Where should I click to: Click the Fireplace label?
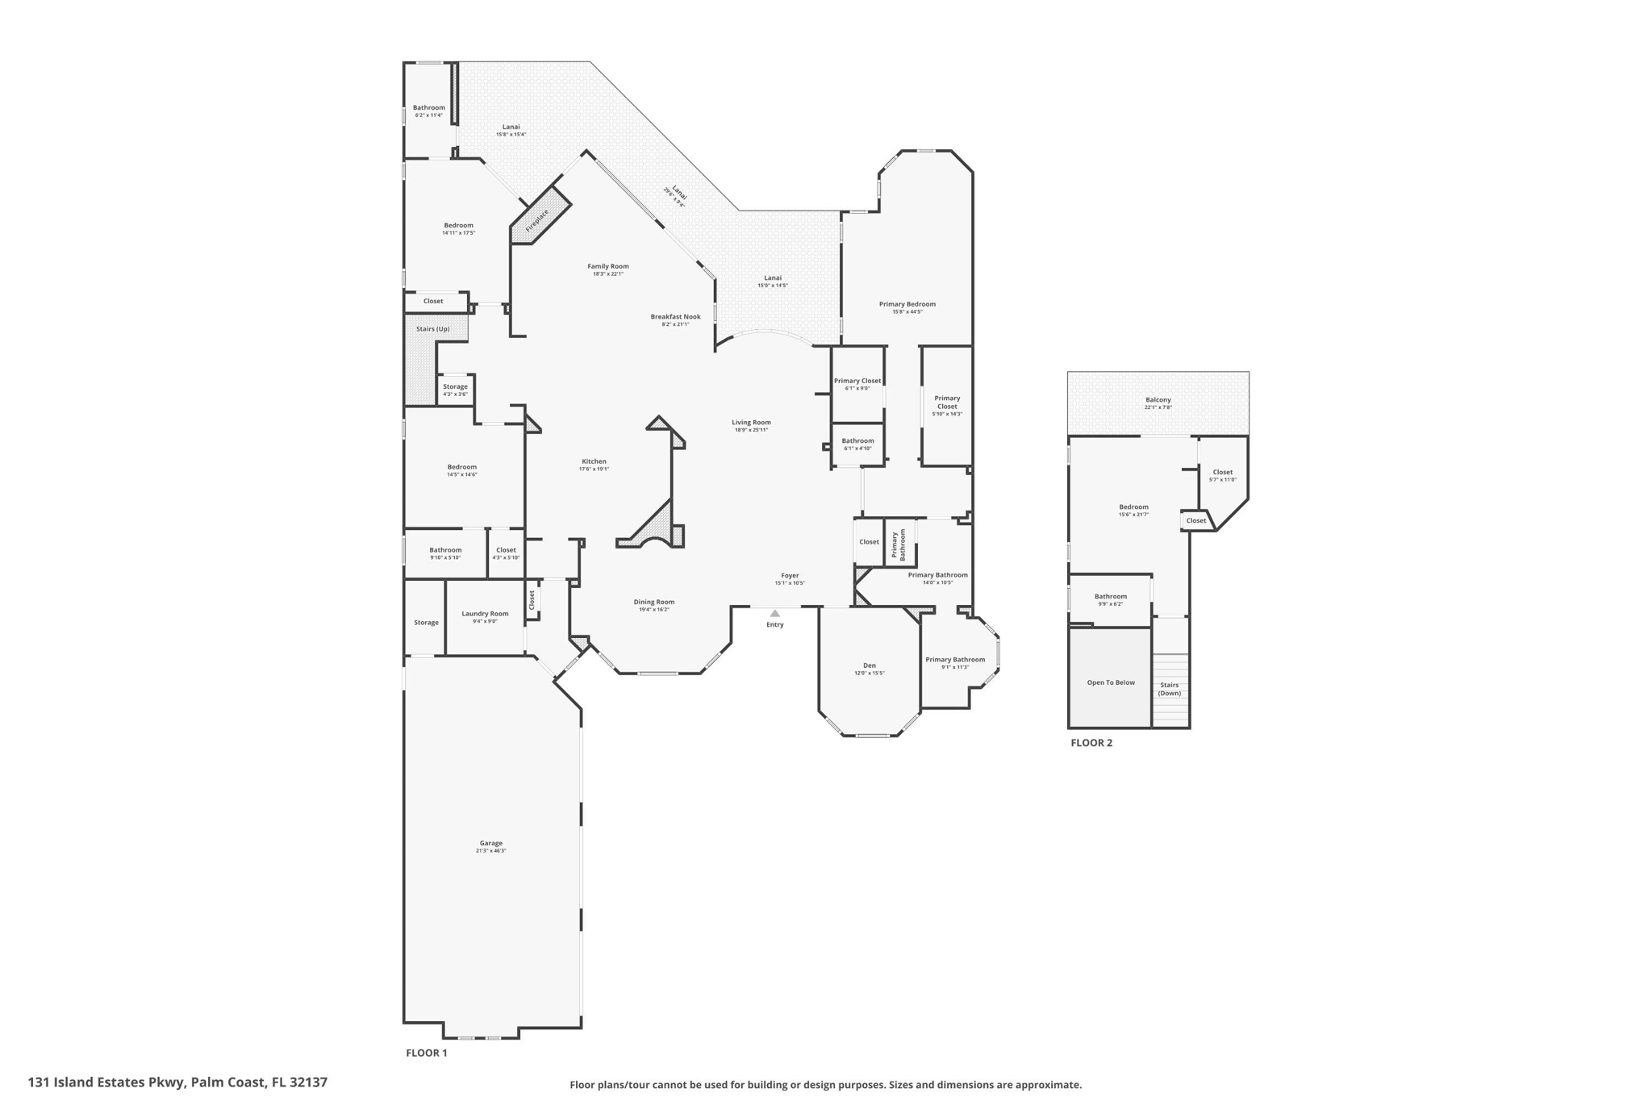(537, 220)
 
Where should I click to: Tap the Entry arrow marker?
(774, 614)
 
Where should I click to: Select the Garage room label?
(490, 843)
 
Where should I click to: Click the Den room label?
(869, 665)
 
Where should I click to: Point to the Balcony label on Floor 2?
(1158, 400)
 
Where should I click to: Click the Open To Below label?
(1110, 682)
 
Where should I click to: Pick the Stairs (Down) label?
(1169, 689)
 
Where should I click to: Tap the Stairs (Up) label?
(432, 329)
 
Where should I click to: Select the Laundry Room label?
(485, 614)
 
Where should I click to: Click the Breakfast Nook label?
(675, 317)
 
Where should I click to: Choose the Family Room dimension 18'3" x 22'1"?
(608, 274)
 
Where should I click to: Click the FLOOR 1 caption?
(426, 1053)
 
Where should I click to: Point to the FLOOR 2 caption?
(1091, 743)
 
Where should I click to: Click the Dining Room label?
(653, 602)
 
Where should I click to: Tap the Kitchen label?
(594, 461)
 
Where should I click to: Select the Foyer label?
(790, 576)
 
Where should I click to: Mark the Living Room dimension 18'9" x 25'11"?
(751, 430)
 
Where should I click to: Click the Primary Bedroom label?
(907, 304)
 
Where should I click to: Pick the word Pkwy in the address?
(167, 1082)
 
